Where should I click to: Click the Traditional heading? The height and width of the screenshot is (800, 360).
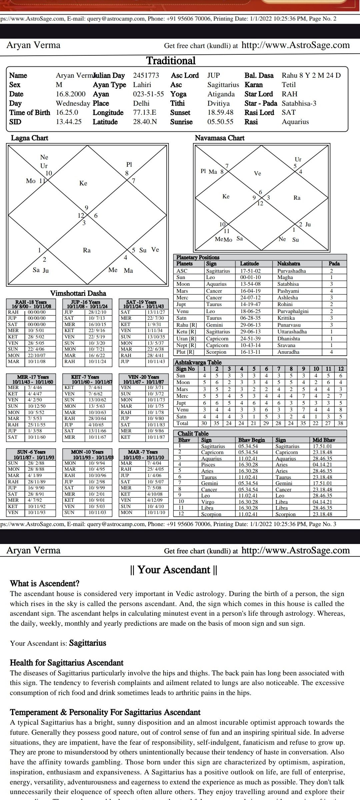coord(171,61)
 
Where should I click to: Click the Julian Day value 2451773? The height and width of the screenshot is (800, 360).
coord(146,76)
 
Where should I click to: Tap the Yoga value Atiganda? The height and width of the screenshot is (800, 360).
coord(221,94)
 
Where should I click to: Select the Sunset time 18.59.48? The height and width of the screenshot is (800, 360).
coord(220,113)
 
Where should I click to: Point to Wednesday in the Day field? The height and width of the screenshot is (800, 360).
coord(73,103)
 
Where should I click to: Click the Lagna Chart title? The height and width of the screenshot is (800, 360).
coord(29,138)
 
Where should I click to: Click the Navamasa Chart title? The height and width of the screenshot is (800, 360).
coord(219,138)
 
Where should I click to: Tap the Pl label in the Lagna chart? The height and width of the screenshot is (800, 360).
coord(129,164)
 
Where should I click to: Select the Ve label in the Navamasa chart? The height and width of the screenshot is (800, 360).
coord(257,173)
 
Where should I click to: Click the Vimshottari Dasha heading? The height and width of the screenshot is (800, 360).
coord(78,293)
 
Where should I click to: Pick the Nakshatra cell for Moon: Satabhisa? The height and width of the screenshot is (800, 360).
coord(288,284)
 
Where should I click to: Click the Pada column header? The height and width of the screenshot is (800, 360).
coord(334,264)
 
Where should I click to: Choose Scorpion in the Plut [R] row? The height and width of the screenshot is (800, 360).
coord(216,352)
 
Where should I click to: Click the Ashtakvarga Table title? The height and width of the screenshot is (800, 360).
coord(198,362)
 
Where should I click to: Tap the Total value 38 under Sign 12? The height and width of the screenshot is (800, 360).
coord(341,423)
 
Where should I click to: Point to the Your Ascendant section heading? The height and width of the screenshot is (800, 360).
coord(173,570)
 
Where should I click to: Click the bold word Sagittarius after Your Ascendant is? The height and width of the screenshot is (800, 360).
coord(87,643)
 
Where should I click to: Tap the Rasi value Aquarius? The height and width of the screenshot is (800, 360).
coord(295,122)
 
